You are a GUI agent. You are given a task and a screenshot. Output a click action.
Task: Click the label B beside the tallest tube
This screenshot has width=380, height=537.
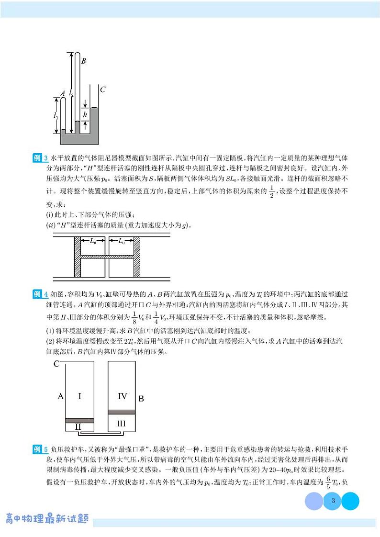tap(84, 61)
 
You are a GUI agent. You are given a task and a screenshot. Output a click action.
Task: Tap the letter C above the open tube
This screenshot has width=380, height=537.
tap(102, 89)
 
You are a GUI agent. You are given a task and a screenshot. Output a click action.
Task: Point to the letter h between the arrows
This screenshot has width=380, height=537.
tap(85, 114)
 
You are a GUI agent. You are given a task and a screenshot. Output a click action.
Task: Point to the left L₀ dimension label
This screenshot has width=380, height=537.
tap(93, 241)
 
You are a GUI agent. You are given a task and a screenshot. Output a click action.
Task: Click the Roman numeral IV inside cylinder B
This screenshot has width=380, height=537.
tap(122, 396)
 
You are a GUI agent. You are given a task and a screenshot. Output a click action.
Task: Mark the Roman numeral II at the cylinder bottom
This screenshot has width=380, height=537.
tap(78, 426)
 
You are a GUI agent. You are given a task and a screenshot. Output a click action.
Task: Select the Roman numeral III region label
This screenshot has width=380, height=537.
tap(122, 423)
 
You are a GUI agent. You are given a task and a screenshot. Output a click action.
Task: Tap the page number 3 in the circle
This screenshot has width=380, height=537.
tap(333, 502)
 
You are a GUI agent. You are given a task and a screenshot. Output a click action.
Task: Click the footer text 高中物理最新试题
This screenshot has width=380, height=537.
tap(46, 519)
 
